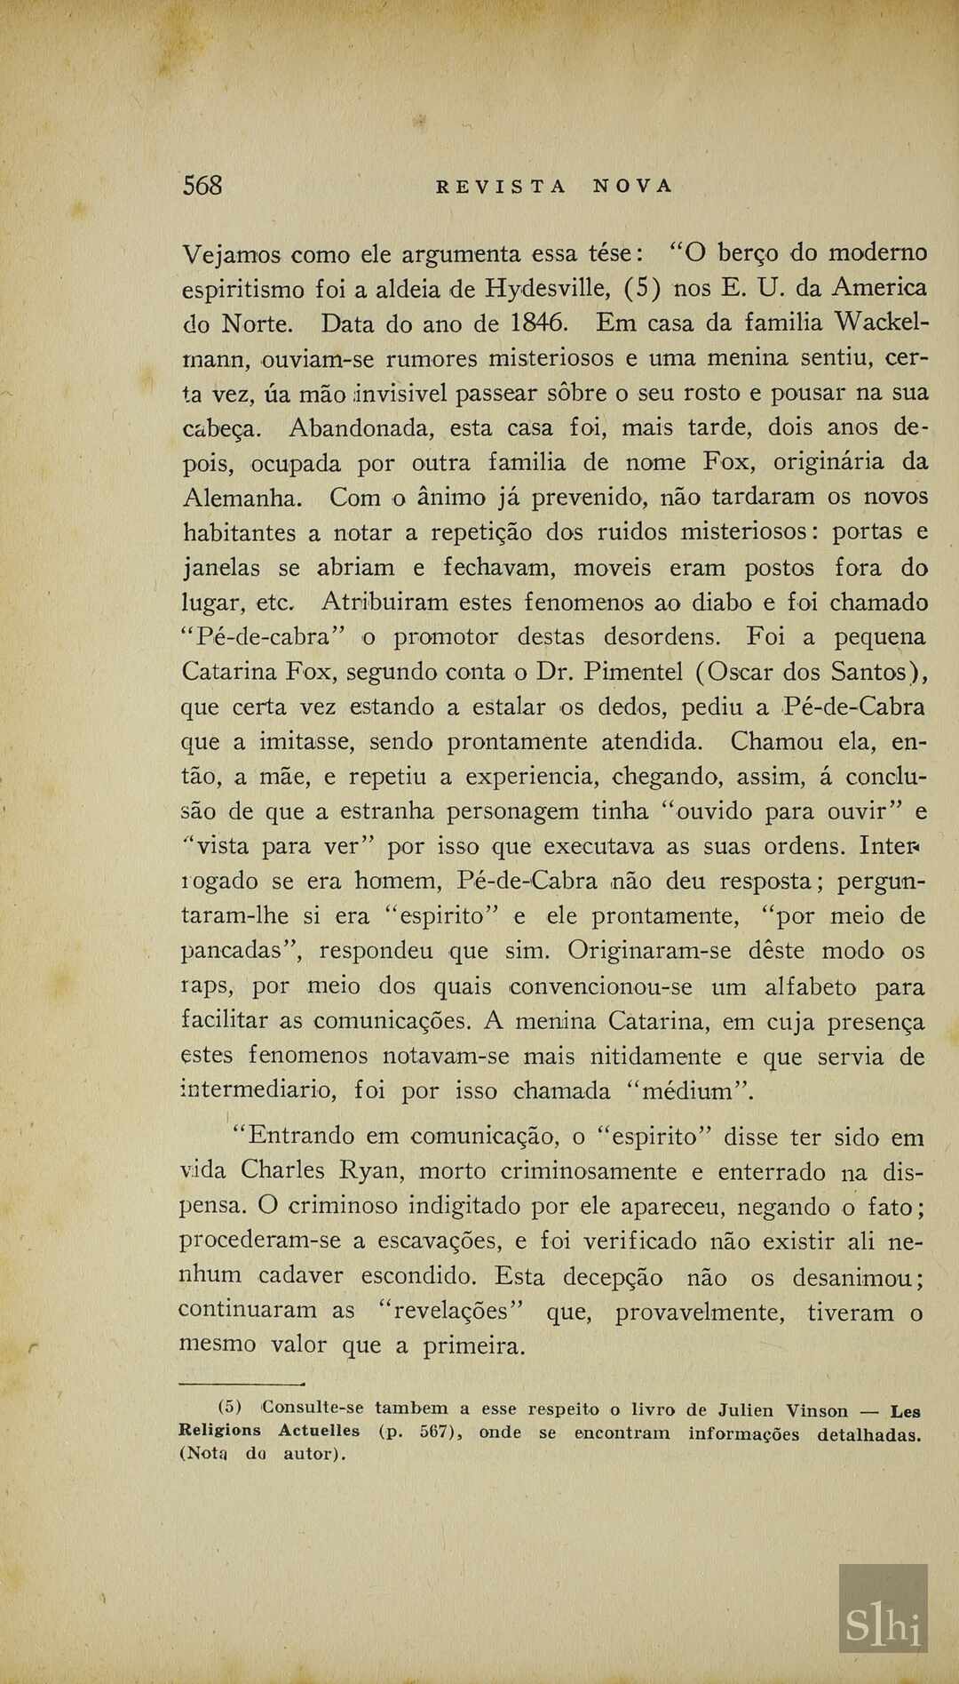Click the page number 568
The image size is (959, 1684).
tap(202, 186)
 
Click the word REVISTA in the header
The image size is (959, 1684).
tap(501, 187)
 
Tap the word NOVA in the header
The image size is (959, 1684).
tap(633, 187)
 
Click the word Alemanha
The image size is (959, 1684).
tap(242, 497)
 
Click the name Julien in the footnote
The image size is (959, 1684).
tap(746, 1410)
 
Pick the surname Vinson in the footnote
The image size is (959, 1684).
tap(817, 1410)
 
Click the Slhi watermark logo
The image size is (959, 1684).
tap(883, 1623)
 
